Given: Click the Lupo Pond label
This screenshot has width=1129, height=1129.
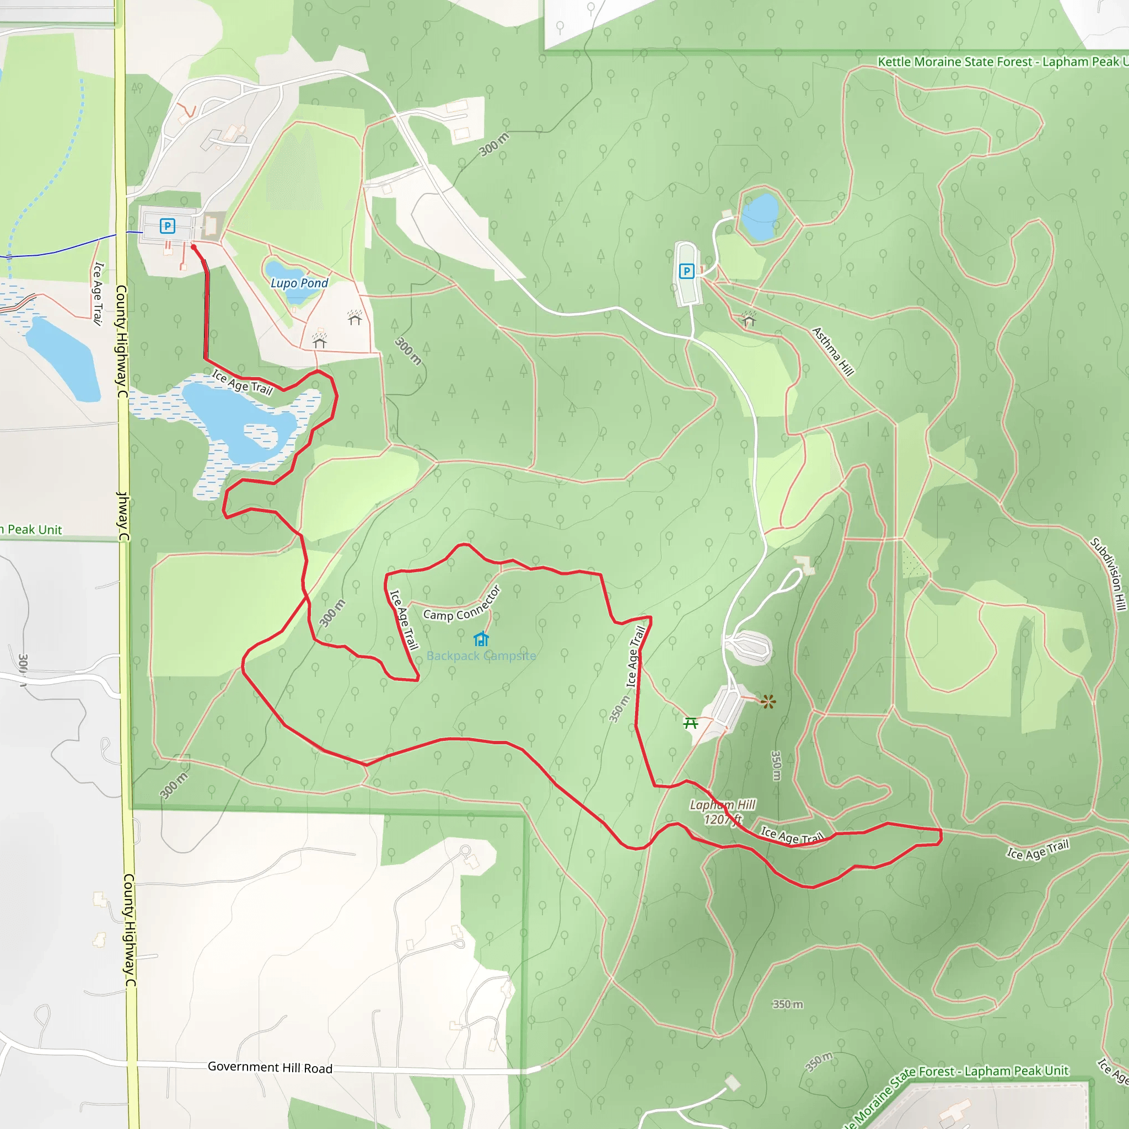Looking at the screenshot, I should point(299,283).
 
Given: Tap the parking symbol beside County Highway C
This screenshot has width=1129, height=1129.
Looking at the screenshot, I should point(167,225).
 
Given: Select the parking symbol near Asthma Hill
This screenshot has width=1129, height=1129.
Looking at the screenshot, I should point(687,271).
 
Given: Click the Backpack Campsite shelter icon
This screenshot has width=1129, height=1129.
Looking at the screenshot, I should point(481,639).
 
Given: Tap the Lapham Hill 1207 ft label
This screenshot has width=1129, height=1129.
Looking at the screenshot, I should point(723,812).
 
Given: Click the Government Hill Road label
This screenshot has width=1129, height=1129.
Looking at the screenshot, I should point(270,1067).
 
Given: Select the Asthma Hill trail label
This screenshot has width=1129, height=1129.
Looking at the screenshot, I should point(833,351).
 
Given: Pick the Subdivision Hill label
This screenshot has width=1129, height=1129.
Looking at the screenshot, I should point(1108,574).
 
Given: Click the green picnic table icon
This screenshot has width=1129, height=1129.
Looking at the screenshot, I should point(691,723).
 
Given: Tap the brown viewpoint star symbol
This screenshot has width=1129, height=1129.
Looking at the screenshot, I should point(768,702).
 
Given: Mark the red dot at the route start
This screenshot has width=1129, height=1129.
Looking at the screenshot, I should point(193,247).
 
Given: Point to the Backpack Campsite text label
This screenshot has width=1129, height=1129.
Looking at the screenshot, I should point(481,655).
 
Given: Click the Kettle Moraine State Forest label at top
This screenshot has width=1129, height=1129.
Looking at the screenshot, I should point(1002,62).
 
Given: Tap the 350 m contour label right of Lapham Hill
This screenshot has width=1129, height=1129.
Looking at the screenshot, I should point(776,766).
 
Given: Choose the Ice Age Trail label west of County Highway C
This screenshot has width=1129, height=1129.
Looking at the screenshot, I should point(98,293).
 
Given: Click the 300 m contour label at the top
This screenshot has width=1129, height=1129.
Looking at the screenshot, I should point(494,144).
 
